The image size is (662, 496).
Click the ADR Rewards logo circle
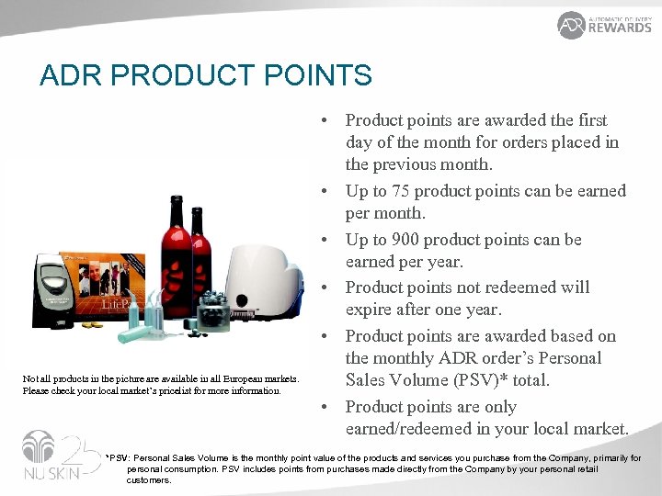click(x=571, y=25)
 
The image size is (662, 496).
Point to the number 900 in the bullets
click(x=426, y=240)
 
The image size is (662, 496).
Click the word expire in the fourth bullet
click(x=372, y=310)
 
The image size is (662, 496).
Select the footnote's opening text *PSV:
click(x=119, y=457)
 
